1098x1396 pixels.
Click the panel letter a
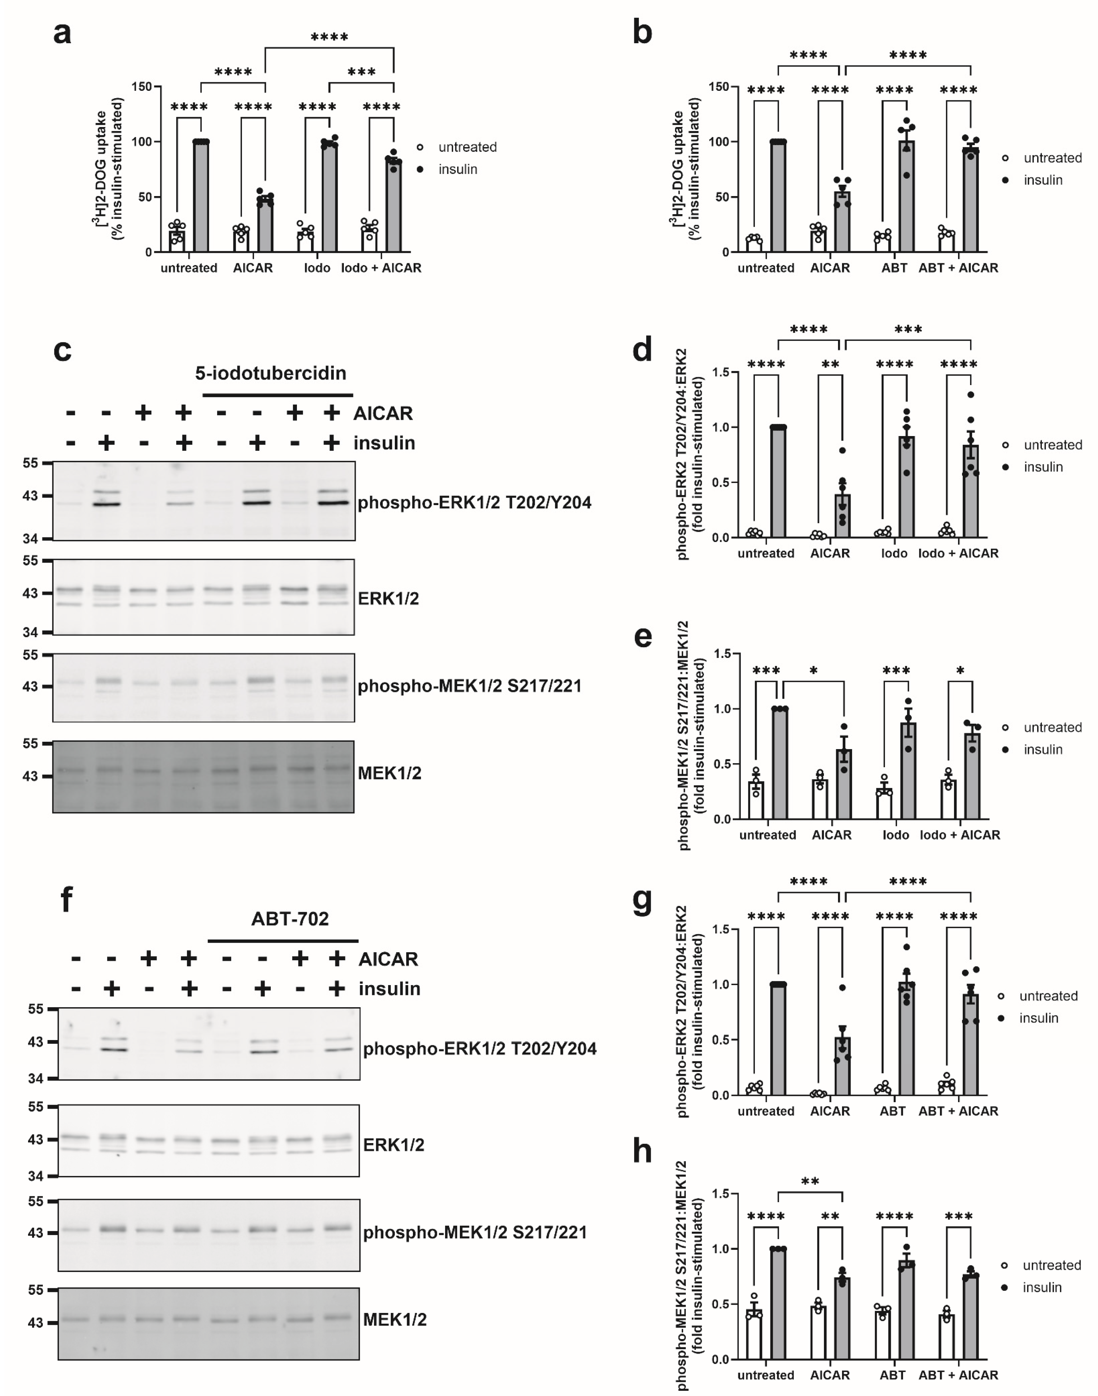62,32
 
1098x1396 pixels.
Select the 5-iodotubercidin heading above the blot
271,373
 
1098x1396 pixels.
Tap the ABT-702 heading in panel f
290,919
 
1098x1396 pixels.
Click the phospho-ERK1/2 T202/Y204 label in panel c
475,503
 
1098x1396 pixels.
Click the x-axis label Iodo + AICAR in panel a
381,268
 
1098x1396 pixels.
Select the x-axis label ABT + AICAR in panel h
958,1375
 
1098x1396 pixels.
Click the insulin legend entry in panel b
1042,180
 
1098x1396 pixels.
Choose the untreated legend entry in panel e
1052,728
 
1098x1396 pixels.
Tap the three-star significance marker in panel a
361,72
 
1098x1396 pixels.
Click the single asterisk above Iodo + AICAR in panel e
960,671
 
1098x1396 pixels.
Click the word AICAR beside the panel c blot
383,413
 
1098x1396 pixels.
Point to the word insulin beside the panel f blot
390,988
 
